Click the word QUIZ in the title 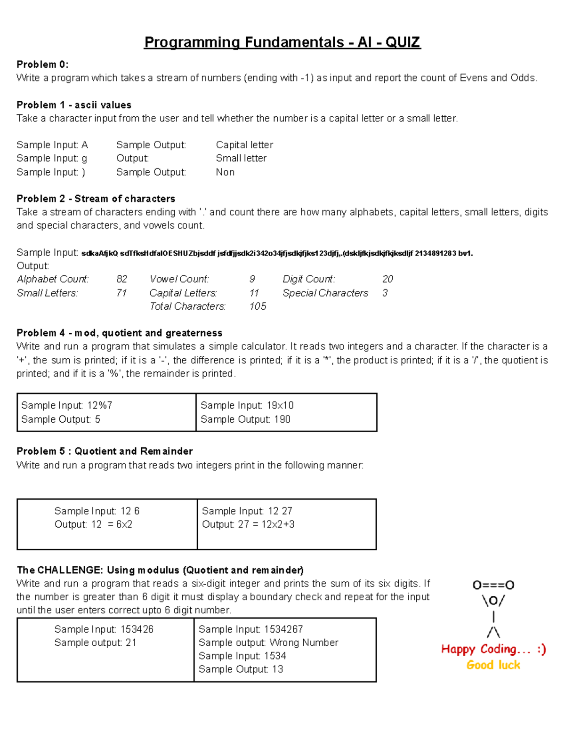403,42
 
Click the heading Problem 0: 42,64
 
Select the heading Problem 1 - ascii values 74,105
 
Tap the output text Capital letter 244,145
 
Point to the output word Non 225,172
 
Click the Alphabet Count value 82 121,279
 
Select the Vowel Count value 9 252,279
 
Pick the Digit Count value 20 387,279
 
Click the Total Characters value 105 258,306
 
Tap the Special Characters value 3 385,293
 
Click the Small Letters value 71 121,293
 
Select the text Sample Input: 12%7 66,405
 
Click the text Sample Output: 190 245,419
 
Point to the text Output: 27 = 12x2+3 248,524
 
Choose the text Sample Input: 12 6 97,511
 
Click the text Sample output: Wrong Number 268,643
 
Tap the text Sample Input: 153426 104,629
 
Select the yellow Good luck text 493,665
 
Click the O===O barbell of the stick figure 493,585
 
